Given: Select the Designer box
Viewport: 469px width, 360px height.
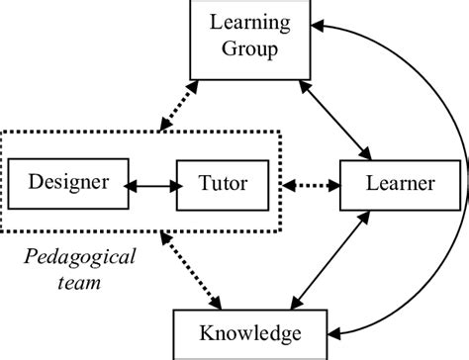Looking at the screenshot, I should [x=65, y=183].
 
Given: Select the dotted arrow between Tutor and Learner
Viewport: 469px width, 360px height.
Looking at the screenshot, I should [x=310, y=184].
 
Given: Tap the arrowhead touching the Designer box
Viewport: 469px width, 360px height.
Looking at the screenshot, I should [x=129, y=184].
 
